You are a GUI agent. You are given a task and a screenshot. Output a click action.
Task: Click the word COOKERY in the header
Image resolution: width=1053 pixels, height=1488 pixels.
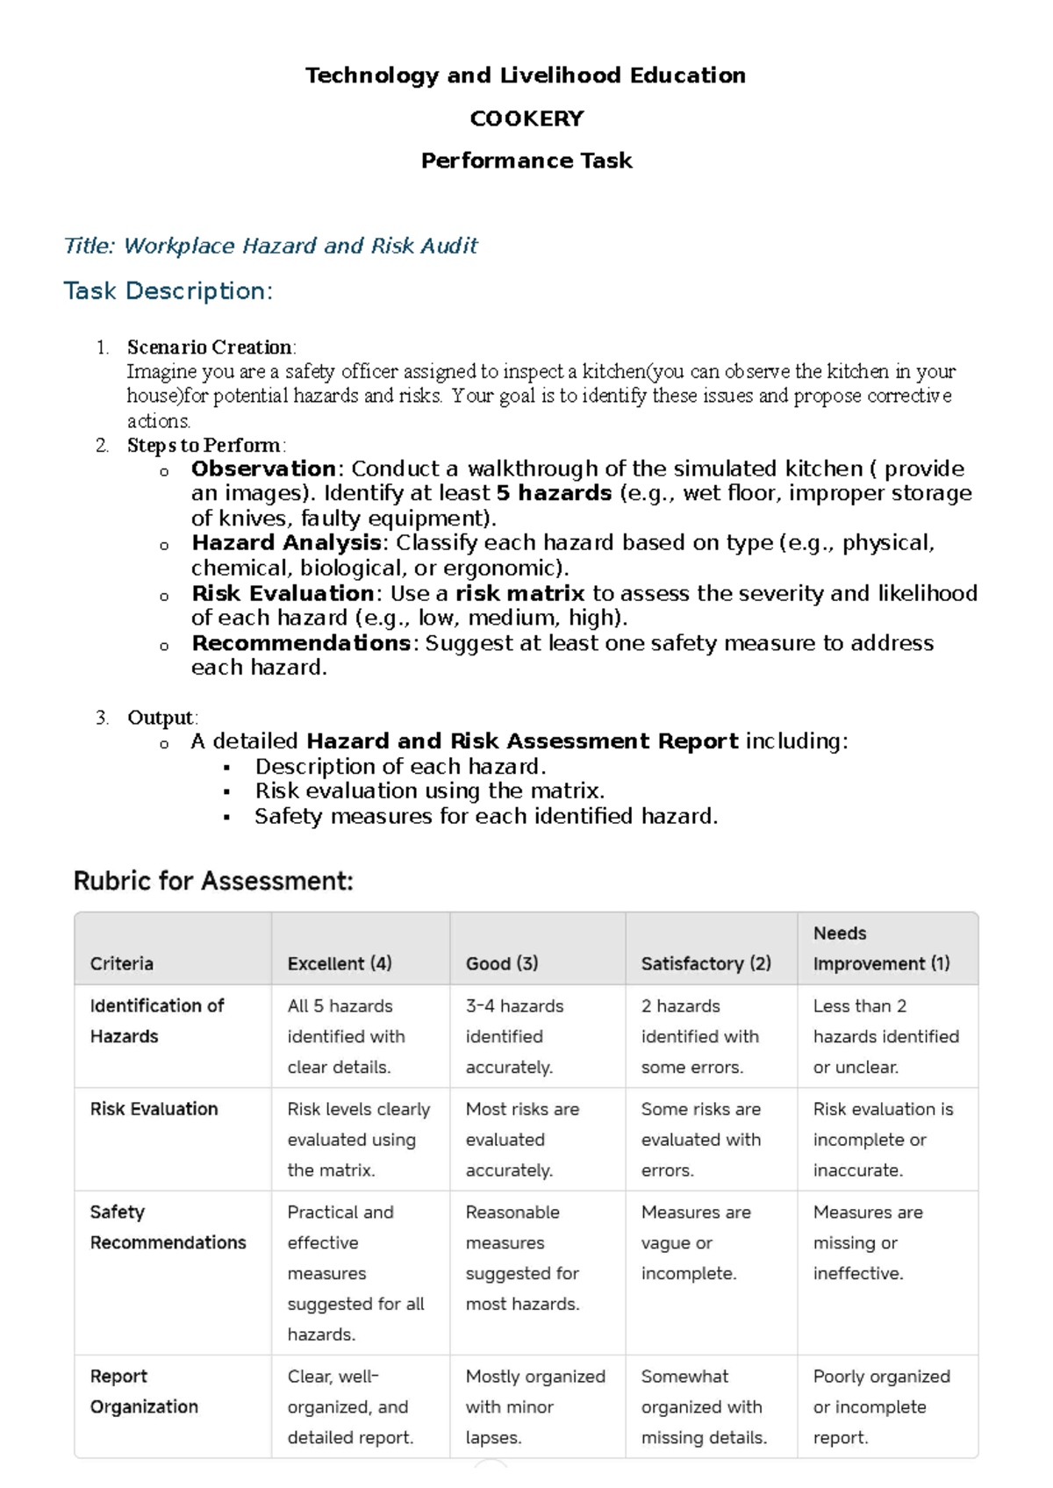coord(526,118)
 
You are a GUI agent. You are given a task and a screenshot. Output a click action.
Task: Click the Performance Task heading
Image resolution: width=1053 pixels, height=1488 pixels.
coord(526,161)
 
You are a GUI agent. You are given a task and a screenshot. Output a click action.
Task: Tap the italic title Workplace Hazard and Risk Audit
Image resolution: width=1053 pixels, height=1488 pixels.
coord(270,246)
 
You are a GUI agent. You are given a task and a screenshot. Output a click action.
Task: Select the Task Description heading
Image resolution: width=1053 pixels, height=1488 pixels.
coord(168,290)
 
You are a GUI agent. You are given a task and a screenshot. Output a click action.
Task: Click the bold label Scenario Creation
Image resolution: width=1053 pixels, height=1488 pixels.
coord(210,347)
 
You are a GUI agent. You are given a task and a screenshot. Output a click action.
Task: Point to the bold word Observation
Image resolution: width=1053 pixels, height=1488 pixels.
coord(263,469)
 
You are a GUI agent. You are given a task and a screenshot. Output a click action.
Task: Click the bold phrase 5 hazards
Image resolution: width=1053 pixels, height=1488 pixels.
coord(554,493)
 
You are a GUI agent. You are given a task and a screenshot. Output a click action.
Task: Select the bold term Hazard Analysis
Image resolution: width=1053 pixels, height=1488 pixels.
coord(286,543)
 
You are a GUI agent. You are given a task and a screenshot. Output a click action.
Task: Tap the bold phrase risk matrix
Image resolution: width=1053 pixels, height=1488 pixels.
coord(519,593)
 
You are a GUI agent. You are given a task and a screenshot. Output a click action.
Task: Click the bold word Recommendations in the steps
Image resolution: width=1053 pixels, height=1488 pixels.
coord(301,643)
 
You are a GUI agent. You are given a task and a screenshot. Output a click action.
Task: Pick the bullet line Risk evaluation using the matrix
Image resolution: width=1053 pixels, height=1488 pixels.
coord(429,790)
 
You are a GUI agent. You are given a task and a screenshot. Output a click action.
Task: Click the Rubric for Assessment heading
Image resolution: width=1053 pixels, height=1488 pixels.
coord(213,881)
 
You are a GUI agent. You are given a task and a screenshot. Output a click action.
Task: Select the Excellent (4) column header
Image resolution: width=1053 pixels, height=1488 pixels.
coord(340,963)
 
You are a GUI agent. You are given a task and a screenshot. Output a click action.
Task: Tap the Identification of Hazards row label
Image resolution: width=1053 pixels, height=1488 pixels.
coord(156,1021)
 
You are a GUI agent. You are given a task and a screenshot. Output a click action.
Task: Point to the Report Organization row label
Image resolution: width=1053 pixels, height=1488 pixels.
coord(144,1391)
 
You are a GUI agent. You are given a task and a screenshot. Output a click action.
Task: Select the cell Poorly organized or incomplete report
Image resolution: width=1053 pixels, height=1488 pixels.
coord(881,1406)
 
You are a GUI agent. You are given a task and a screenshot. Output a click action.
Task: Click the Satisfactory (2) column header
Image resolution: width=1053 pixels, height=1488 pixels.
coord(706,963)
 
